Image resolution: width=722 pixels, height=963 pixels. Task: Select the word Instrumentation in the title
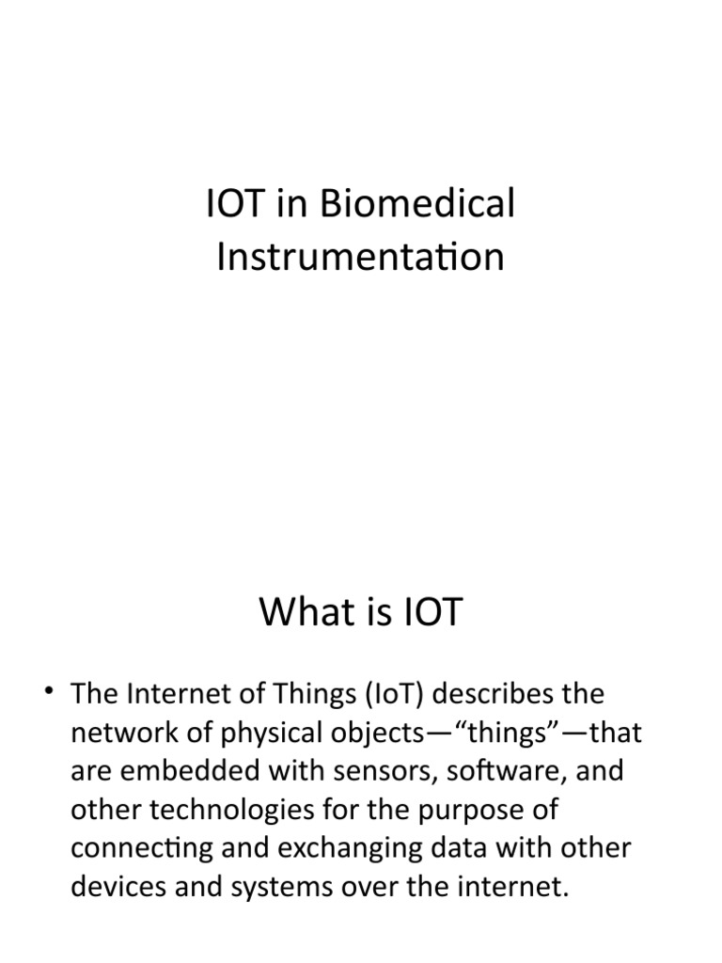pos(360,256)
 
